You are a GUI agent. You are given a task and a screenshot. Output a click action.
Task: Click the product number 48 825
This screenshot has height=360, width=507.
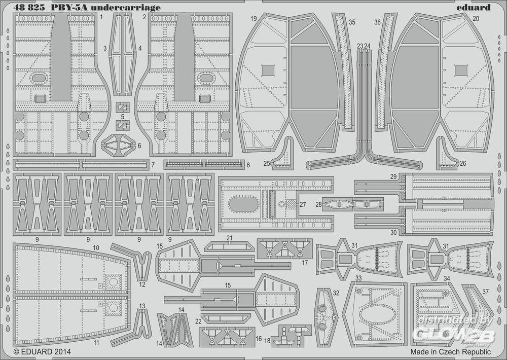29,8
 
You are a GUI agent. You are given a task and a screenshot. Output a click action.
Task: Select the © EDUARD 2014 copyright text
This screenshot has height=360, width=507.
42,351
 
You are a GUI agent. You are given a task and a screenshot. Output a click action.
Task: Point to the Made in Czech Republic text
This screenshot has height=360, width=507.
450,351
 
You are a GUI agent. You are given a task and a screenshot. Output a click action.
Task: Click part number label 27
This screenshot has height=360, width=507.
303,205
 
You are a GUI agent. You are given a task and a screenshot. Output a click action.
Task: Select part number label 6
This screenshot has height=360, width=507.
139,146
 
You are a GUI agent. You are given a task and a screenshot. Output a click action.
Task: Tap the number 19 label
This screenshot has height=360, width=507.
253,19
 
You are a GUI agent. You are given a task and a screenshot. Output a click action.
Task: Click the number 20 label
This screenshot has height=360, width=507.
476,19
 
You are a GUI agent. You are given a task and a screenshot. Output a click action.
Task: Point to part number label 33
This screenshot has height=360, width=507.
358,278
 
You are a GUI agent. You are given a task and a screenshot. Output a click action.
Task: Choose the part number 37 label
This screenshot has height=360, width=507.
485,292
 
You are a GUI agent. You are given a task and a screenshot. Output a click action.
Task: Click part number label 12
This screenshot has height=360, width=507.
142,284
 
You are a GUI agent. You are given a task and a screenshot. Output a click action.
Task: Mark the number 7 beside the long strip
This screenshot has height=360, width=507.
153,165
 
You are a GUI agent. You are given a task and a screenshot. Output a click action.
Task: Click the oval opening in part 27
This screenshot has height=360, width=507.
243,204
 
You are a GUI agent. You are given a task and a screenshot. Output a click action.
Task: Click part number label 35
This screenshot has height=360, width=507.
352,22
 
